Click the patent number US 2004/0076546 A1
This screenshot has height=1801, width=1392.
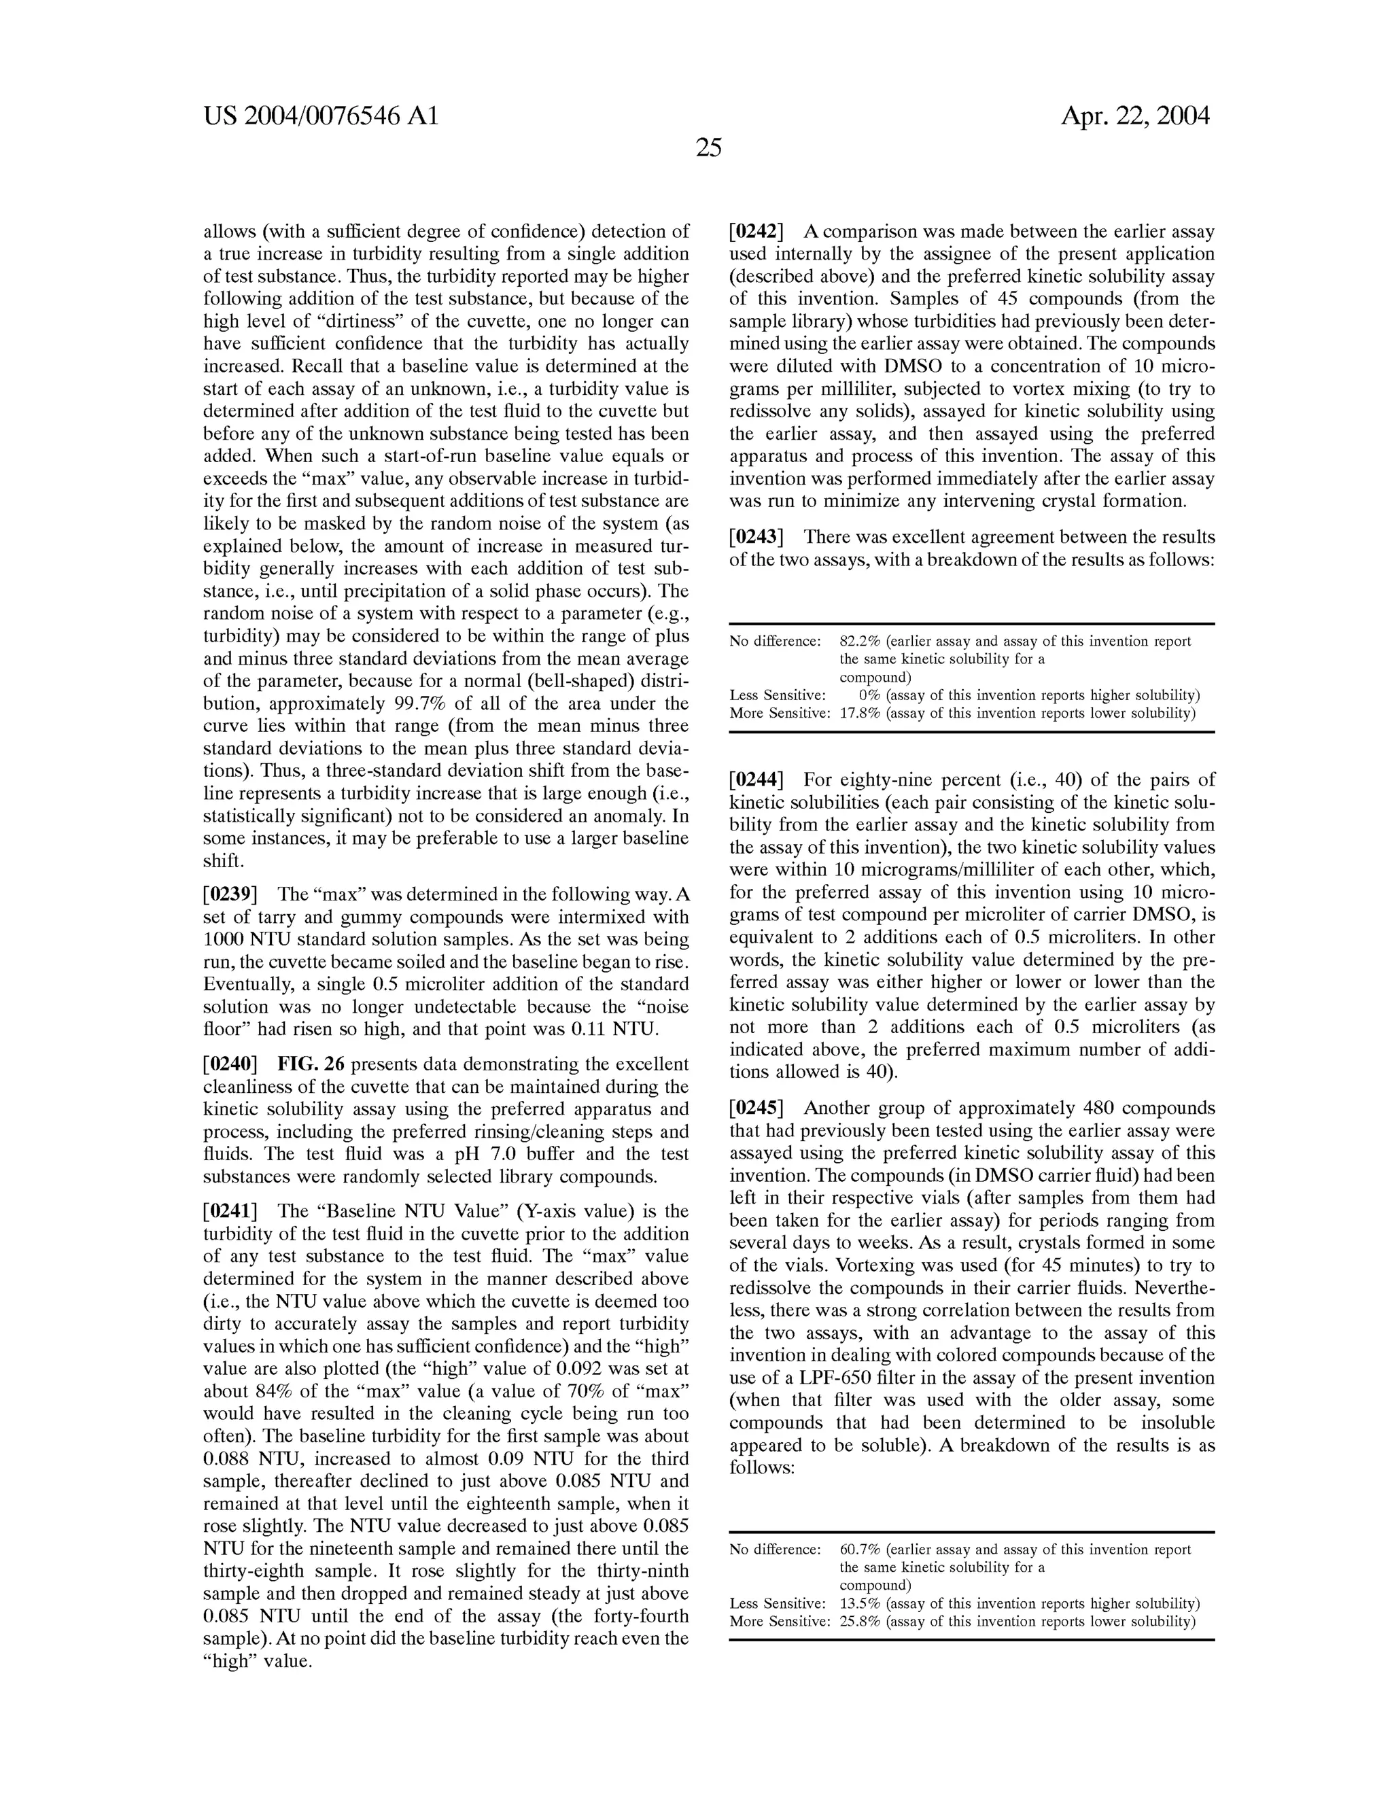[x=321, y=116]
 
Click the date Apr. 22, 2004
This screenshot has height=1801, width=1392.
[x=1134, y=116]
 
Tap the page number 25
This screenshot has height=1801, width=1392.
[x=708, y=148]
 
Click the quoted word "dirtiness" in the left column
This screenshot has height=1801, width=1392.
[x=384, y=321]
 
